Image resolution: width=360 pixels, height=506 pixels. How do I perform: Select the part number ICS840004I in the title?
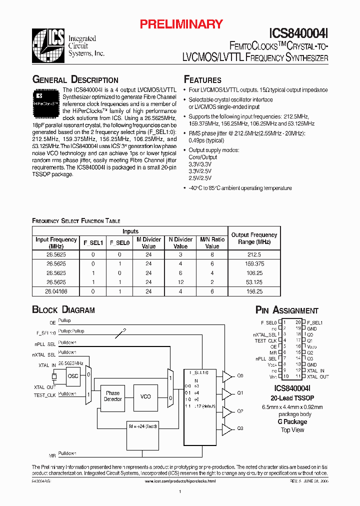(x=298, y=33)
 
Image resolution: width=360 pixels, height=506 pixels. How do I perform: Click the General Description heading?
(x=75, y=80)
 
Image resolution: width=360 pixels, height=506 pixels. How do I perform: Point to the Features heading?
(x=202, y=80)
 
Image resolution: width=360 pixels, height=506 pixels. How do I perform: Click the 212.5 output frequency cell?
(x=254, y=254)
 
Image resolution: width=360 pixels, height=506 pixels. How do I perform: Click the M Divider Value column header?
(x=148, y=243)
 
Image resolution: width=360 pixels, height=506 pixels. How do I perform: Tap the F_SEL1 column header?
(x=93, y=243)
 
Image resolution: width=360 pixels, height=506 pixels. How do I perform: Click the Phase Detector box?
(x=112, y=396)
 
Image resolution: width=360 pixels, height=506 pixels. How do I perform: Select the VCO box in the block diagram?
(x=145, y=396)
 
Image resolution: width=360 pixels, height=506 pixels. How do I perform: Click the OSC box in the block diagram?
(x=73, y=376)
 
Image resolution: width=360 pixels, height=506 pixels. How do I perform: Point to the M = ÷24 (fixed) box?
(x=142, y=426)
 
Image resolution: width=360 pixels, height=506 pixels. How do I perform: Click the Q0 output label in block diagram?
(x=240, y=375)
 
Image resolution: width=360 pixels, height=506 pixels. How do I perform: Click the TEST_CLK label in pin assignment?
(x=265, y=340)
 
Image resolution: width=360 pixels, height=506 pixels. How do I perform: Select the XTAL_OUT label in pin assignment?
(x=318, y=376)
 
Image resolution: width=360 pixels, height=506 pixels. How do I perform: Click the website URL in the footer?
(x=180, y=480)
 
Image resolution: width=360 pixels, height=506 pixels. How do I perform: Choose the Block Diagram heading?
(x=63, y=310)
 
